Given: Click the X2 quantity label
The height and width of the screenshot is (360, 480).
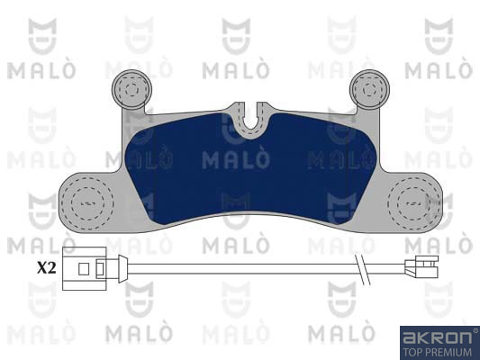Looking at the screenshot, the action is point(47,268).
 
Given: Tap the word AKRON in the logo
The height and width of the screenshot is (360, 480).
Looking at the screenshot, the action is point(437,337).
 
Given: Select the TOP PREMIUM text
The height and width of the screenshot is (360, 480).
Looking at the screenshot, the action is point(437,352).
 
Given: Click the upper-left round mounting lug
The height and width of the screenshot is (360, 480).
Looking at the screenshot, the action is point(132,89).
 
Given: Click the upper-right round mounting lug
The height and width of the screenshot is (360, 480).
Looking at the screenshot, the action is point(369,89).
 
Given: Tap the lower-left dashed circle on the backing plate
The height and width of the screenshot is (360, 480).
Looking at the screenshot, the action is point(87,203).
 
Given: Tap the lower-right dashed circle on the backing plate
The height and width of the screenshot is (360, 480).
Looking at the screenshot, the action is point(414,203).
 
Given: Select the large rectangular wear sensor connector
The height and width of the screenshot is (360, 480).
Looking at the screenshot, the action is point(84,268).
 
